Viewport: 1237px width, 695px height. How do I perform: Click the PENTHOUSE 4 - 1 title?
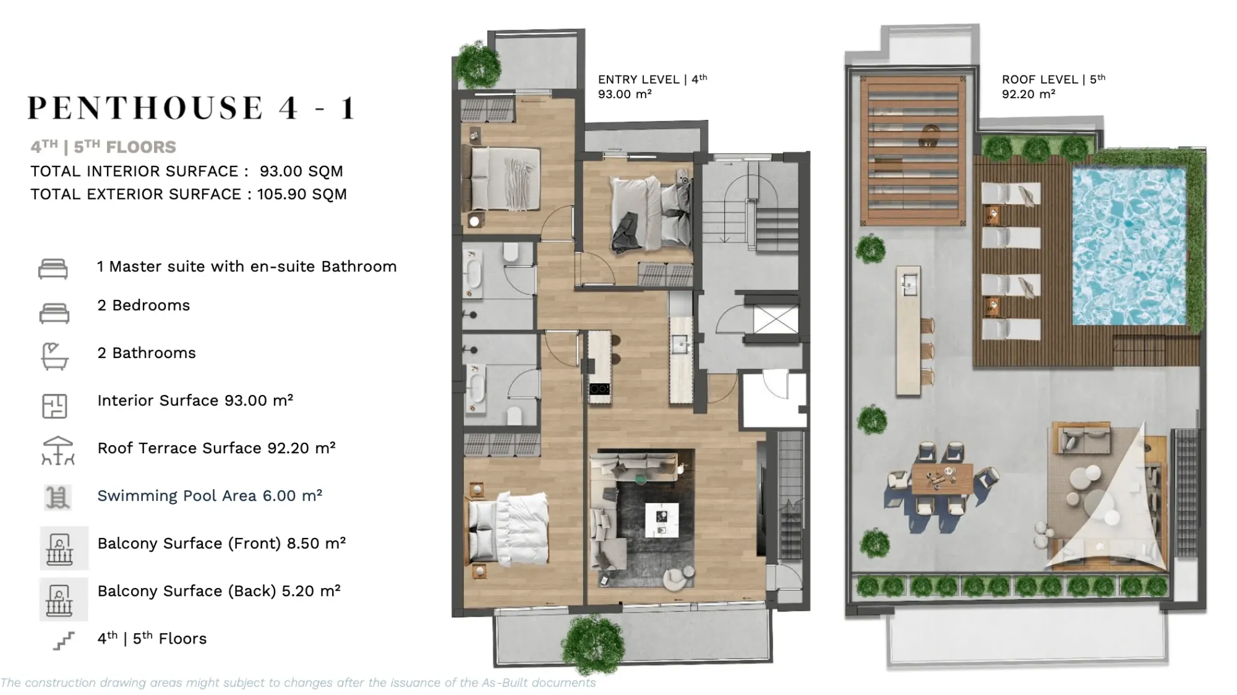click(x=191, y=108)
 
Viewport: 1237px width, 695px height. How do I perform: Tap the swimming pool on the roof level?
click(x=1129, y=245)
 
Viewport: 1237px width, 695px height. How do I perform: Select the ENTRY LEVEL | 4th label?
click(x=652, y=79)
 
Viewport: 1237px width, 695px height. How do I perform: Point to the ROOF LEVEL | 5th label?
click(x=1053, y=79)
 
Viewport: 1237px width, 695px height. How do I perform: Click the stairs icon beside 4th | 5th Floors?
click(x=63, y=641)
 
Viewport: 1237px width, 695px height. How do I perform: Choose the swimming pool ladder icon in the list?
click(x=58, y=497)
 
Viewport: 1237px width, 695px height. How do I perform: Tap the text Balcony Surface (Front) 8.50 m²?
click(x=221, y=544)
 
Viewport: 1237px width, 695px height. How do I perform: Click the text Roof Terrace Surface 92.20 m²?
click(x=216, y=448)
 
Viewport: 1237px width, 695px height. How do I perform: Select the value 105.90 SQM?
click(x=302, y=194)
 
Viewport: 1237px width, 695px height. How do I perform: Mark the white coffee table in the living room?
click(x=662, y=520)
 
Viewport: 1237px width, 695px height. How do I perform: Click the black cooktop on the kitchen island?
click(x=599, y=389)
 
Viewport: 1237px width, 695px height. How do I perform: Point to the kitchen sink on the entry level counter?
click(x=680, y=344)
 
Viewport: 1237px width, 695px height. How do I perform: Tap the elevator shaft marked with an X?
click(x=776, y=320)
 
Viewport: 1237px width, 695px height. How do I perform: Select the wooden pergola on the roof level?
click(x=913, y=150)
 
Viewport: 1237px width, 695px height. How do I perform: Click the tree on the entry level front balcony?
click(x=593, y=644)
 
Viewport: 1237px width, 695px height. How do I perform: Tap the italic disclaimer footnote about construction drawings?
click(x=298, y=683)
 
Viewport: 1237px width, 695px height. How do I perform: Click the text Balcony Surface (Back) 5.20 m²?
click(x=219, y=591)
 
